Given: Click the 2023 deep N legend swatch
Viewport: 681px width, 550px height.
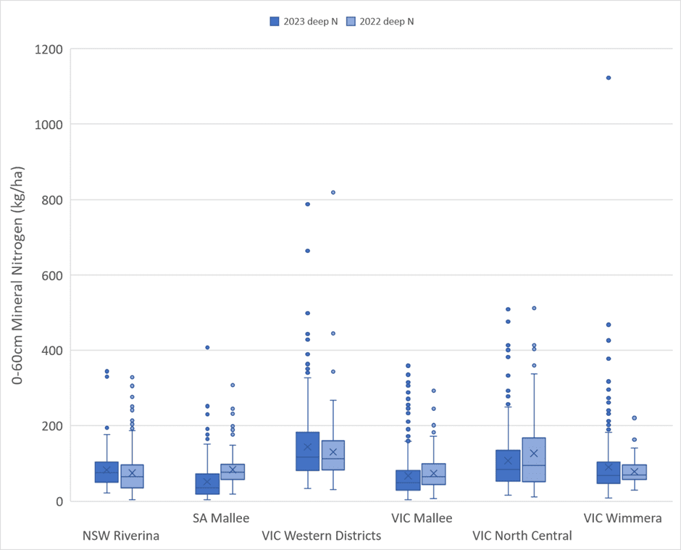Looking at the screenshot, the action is pos(274,21).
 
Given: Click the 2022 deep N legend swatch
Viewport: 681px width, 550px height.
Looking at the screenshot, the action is pos(351,21).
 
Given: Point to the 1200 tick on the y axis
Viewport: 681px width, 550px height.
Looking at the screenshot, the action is pos(49,49).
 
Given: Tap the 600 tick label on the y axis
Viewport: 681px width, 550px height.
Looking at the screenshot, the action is pos(52,275).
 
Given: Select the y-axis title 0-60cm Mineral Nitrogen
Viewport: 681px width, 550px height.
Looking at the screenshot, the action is pos(17,275).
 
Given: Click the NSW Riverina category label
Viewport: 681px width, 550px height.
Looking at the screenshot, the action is pos(121,536).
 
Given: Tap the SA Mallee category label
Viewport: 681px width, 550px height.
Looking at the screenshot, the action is pos(221,518).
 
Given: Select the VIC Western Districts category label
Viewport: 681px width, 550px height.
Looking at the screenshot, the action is pos(322,536).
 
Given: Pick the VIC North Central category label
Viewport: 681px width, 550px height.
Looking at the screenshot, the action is pos(522,536).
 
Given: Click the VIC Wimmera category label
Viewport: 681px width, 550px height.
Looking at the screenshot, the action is pos(622,518).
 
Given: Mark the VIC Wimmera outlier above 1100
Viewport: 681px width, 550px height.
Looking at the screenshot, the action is pos(609,78).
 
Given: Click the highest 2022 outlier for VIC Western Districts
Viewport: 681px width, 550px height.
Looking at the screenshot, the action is pos(333,193).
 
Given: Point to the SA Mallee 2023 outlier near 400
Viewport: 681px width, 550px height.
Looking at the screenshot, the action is pos(207,348).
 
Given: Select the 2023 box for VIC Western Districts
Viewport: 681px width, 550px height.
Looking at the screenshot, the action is pos(307,451).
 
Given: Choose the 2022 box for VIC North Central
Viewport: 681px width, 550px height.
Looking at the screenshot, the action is pos(534,459).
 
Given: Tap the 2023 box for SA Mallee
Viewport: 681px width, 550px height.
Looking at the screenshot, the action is pos(207,484).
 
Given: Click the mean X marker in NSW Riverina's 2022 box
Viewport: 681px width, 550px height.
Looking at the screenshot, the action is pos(132,473).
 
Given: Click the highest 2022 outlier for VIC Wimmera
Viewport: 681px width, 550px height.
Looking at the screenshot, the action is pos(634,418).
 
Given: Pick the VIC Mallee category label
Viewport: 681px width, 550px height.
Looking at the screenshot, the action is pos(422,518).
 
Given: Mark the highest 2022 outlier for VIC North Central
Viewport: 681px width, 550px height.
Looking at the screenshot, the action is pos(534,308).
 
